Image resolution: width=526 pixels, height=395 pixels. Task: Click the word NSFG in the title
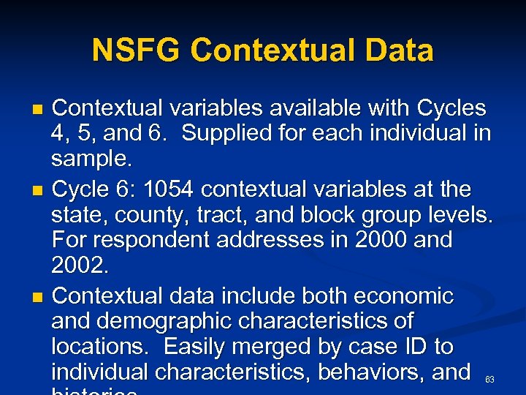pyautogui.click(x=137, y=50)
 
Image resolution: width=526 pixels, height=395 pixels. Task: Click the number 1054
pyautogui.click(x=169, y=189)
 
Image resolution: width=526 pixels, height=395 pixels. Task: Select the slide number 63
pyautogui.click(x=489, y=380)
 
